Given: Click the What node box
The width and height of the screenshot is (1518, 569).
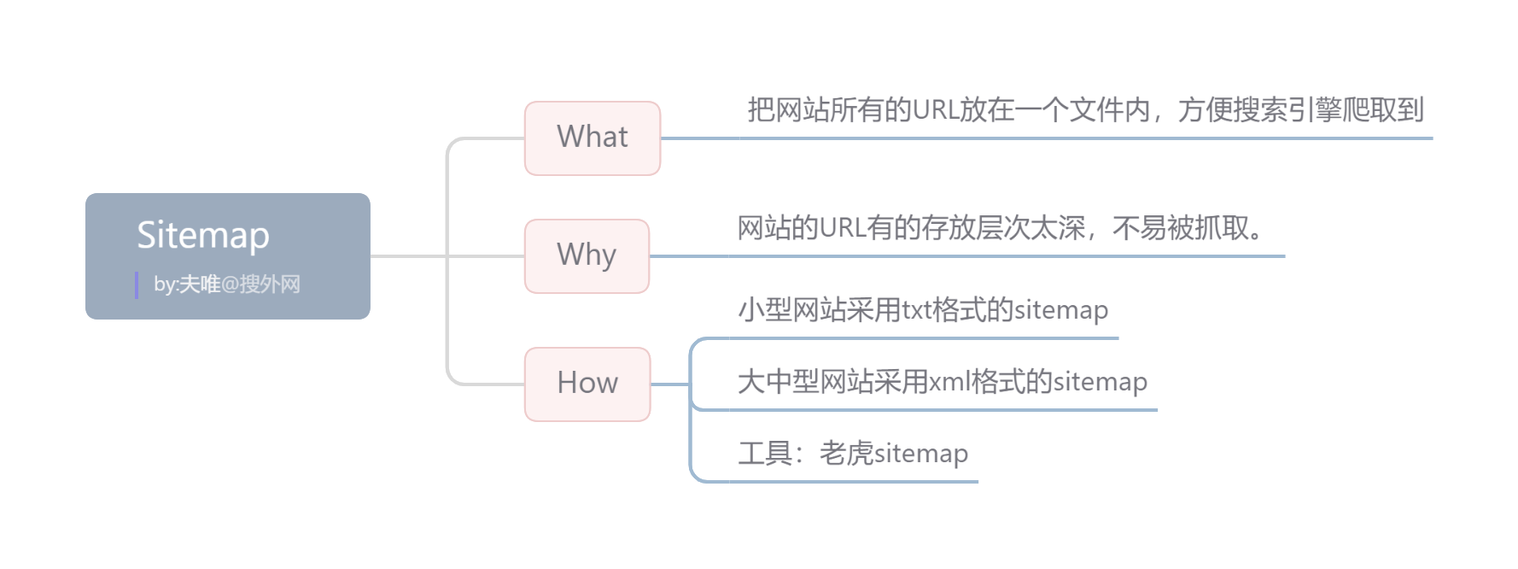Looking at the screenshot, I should click(x=593, y=138).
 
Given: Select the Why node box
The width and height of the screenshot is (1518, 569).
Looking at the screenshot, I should click(x=587, y=255).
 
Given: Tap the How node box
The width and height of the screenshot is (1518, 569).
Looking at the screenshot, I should click(x=587, y=384).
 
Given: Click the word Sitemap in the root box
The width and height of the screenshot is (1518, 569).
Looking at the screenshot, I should click(x=203, y=235).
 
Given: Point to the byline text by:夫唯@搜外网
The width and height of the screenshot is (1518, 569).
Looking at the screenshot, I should click(x=227, y=284).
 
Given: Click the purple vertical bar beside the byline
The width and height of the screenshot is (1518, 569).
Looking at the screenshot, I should click(x=137, y=284).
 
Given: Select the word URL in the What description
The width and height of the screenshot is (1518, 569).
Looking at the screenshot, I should click(x=935, y=110).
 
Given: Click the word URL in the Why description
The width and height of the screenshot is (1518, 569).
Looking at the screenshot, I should click(x=842, y=228).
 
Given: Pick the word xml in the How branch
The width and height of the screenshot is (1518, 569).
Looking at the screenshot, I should click(x=949, y=381).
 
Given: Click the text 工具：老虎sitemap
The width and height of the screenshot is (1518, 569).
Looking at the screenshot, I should click(x=853, y=453).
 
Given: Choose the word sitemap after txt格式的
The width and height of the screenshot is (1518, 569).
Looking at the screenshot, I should click(x=1060, y=309).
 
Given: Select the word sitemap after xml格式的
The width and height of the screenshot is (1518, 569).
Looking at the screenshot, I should click(x=1100, y=381).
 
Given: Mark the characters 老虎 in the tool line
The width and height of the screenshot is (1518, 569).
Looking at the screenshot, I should click(x=846, y=453).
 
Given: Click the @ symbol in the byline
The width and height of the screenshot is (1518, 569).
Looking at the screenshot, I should click(x=230, y=284).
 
